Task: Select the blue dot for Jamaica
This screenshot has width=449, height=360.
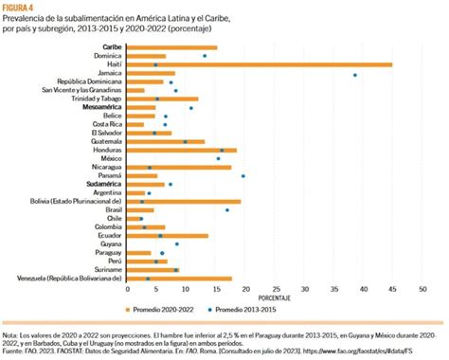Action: point(355,74)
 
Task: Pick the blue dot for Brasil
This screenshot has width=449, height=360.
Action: point(227,209)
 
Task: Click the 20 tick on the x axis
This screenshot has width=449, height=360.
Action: point(243,289)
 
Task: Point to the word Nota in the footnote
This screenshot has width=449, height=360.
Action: point(11,334)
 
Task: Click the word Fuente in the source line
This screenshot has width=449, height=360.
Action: point(14,351)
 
